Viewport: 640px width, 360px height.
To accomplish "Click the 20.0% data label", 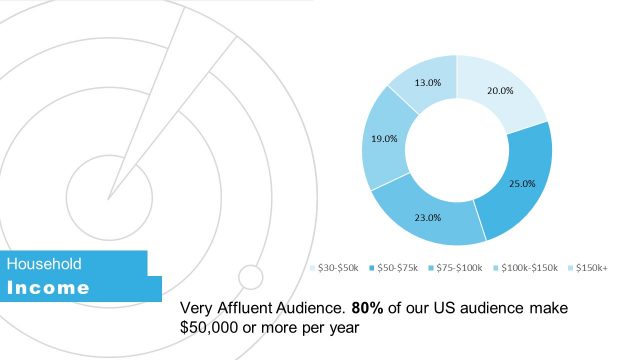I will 500,90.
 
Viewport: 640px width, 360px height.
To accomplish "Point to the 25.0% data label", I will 522,184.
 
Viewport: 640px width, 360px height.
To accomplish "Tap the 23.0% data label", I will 428,217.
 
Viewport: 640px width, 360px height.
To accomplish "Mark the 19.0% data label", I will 384,139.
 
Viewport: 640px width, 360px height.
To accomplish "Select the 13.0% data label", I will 427,82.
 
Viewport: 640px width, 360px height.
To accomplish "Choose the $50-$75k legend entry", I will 394,268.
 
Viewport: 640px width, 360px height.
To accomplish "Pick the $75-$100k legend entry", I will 455,268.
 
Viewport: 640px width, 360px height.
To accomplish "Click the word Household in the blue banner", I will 44,264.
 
